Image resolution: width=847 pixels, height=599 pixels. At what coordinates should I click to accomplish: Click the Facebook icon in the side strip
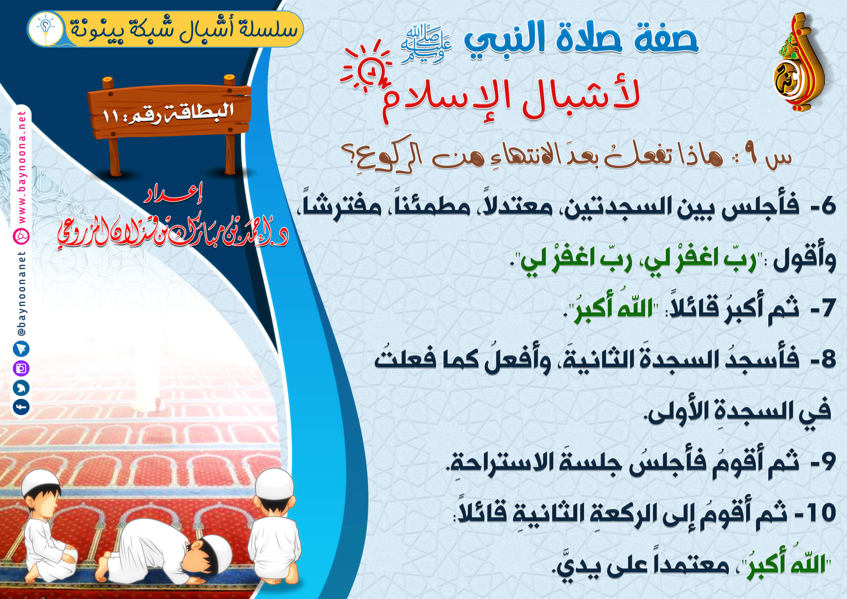point(21,407)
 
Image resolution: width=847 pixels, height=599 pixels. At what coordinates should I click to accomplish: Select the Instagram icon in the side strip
point(21,368)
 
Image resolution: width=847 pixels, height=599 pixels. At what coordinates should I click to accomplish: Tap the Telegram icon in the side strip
point(21,349)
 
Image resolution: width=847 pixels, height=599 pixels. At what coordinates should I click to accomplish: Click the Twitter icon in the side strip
point(21,387)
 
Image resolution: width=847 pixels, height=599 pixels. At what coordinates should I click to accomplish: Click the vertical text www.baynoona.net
point(22,167)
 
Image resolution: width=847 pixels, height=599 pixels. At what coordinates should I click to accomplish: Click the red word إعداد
point(174,194)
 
